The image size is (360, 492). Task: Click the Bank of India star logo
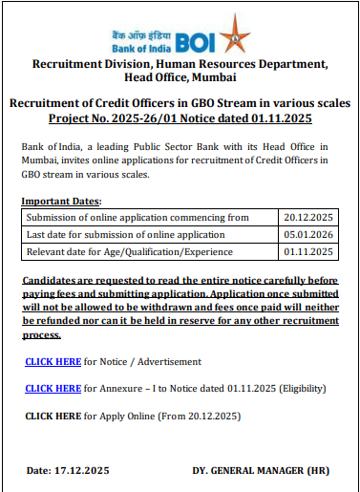tap(233, 36)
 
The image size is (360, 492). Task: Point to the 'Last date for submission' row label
tap(126, 234)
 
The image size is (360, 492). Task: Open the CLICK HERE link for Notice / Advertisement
tap(53, 362)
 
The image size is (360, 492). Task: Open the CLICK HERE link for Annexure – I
tap(53, 389)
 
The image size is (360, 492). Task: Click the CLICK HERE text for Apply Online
tap(53, 417)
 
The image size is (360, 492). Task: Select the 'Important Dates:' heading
tap(60, 202)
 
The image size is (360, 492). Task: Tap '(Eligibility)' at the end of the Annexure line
tap(300, 389)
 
